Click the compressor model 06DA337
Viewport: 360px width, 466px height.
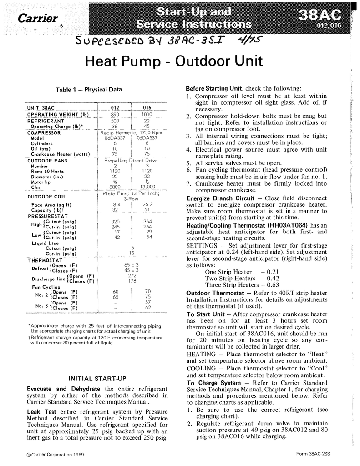(115, 137)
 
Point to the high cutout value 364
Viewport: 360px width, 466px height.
(147, 222)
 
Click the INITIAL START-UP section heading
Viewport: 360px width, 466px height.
(94, 378)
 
